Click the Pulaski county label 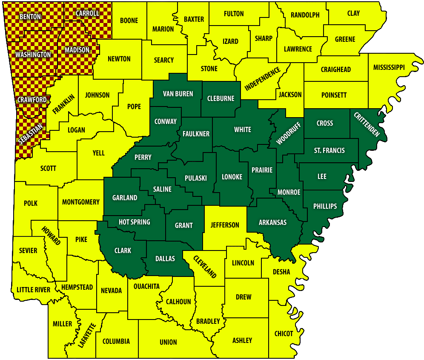[196, 178]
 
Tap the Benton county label [30, 17]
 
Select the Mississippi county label [389, 67]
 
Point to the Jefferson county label [225, 225]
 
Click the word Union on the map [168, 342]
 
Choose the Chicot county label [284, 334]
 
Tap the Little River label [33, 290]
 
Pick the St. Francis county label [329, 150]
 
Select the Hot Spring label [134, 222]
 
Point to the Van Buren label [178, 94]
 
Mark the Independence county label [263, 79]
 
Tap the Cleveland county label [205, 266]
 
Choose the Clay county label [353, 13]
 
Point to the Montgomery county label [80, 202]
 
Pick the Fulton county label [234, 14]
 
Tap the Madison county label [77, 50]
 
